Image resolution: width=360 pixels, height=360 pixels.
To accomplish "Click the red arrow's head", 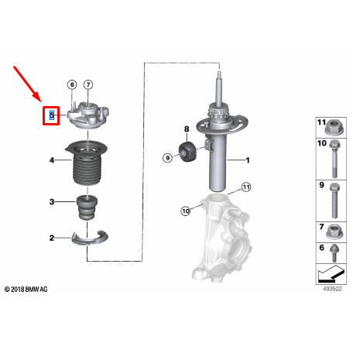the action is (x=38, y=98).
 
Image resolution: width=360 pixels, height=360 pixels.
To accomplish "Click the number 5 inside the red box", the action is (x=52, y=115).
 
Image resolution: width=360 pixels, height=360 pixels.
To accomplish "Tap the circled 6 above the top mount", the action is (x=72, y=84).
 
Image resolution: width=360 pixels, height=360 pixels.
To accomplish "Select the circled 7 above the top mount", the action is (x=88, y=84).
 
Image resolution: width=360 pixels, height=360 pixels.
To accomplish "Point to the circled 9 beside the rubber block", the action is (x=167, y=158).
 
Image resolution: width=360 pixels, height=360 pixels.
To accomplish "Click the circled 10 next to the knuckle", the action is (x=186, y=211).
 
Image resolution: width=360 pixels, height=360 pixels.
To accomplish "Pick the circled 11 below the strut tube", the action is (x=246, y=187).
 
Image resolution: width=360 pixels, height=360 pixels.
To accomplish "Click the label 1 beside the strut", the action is (x=248, y=160).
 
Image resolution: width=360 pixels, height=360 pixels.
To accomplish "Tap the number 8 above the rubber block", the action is (x=187, y=129).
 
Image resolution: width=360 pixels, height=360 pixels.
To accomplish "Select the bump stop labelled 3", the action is (x=87, y=207).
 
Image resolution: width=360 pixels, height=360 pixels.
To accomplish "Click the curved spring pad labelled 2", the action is (x=90, y=238).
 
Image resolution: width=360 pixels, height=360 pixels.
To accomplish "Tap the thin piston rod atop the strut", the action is (x=219, y=87).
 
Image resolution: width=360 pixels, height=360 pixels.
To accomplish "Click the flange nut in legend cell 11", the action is (x=334, y=128).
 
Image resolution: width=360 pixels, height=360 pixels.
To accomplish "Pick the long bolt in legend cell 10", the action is (x=334, y=159).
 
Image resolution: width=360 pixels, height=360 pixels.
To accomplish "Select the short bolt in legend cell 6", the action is (x=334, y=253).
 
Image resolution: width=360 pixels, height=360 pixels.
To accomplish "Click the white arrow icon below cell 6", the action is (x=331, y=274).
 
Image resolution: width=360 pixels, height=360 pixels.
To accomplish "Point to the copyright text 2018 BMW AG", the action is (x=26, y=290).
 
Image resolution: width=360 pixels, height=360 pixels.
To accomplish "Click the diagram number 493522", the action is (x=332, y=289).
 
